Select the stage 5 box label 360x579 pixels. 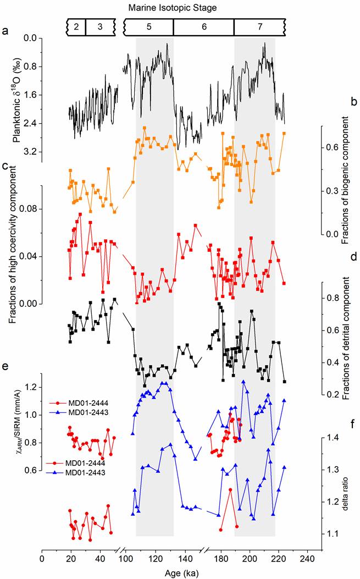(148, 26)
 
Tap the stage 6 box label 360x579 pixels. (203, 26)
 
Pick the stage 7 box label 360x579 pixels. (259, 26)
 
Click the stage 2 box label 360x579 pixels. (77, 26)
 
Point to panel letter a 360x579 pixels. (5, 31)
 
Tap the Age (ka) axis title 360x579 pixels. (181, 573)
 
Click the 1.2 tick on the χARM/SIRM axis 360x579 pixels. (30, 387)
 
